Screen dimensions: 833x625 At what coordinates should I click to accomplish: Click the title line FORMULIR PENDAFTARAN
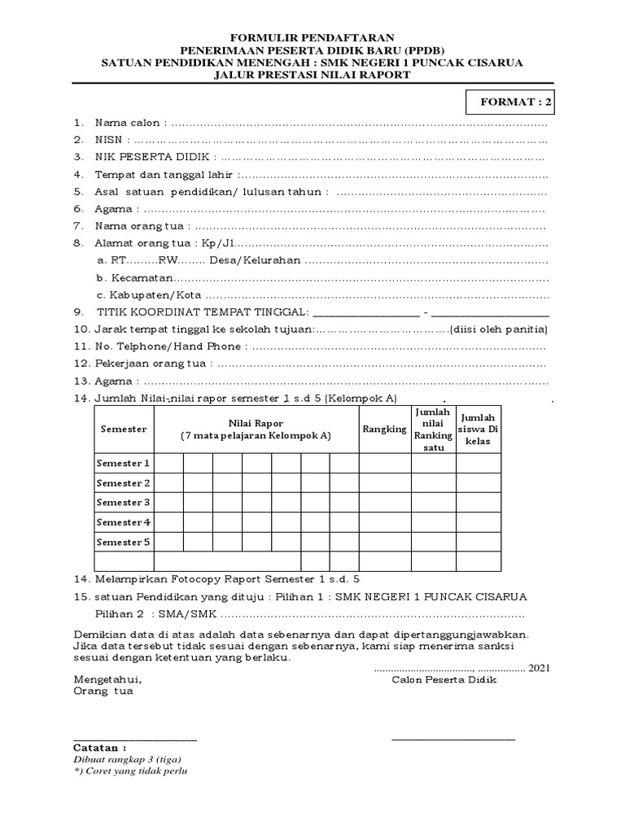click(x=312, y=37)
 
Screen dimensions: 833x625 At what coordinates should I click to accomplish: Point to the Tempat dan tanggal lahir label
click(x=165, y=174)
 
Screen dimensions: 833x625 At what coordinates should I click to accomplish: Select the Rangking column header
click(x=384, y=429)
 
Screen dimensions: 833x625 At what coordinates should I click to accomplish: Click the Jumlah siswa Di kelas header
click(x=478, y=429)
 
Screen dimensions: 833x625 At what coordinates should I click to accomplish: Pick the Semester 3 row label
click(x=124, y=503)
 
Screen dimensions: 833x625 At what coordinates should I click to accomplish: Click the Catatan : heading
click(x=99, y=747)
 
